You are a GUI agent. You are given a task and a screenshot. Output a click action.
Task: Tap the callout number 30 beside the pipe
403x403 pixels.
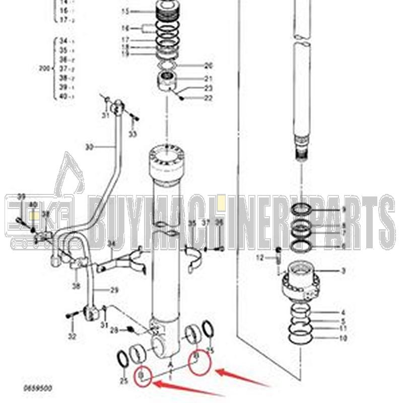tap(89, 147)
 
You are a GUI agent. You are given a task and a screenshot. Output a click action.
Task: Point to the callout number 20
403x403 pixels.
tap(209, 65)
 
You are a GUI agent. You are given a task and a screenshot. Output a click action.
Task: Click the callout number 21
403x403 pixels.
tap(209, 79)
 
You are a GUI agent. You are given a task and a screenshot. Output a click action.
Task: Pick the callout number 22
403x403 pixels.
tap(209, 97)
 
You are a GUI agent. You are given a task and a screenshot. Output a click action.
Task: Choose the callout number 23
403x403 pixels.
tap(209, 88)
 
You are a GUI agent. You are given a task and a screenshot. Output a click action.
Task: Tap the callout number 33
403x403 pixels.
tap(132, 134)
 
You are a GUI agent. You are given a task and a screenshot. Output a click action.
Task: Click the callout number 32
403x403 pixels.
tap(72, 335)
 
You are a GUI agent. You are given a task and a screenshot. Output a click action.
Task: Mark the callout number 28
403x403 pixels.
tap(114, 330)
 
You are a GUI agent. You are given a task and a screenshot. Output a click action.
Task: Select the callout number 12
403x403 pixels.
tap(259, 257)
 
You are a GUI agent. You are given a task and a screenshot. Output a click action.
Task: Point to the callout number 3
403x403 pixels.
tap(343, 272)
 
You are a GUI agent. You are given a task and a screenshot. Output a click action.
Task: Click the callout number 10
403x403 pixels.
tap(343, 338)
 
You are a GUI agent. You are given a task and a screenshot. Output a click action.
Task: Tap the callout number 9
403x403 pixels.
tap(344, 209)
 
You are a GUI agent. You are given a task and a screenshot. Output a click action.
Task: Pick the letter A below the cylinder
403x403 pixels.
tap(171, 364)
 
